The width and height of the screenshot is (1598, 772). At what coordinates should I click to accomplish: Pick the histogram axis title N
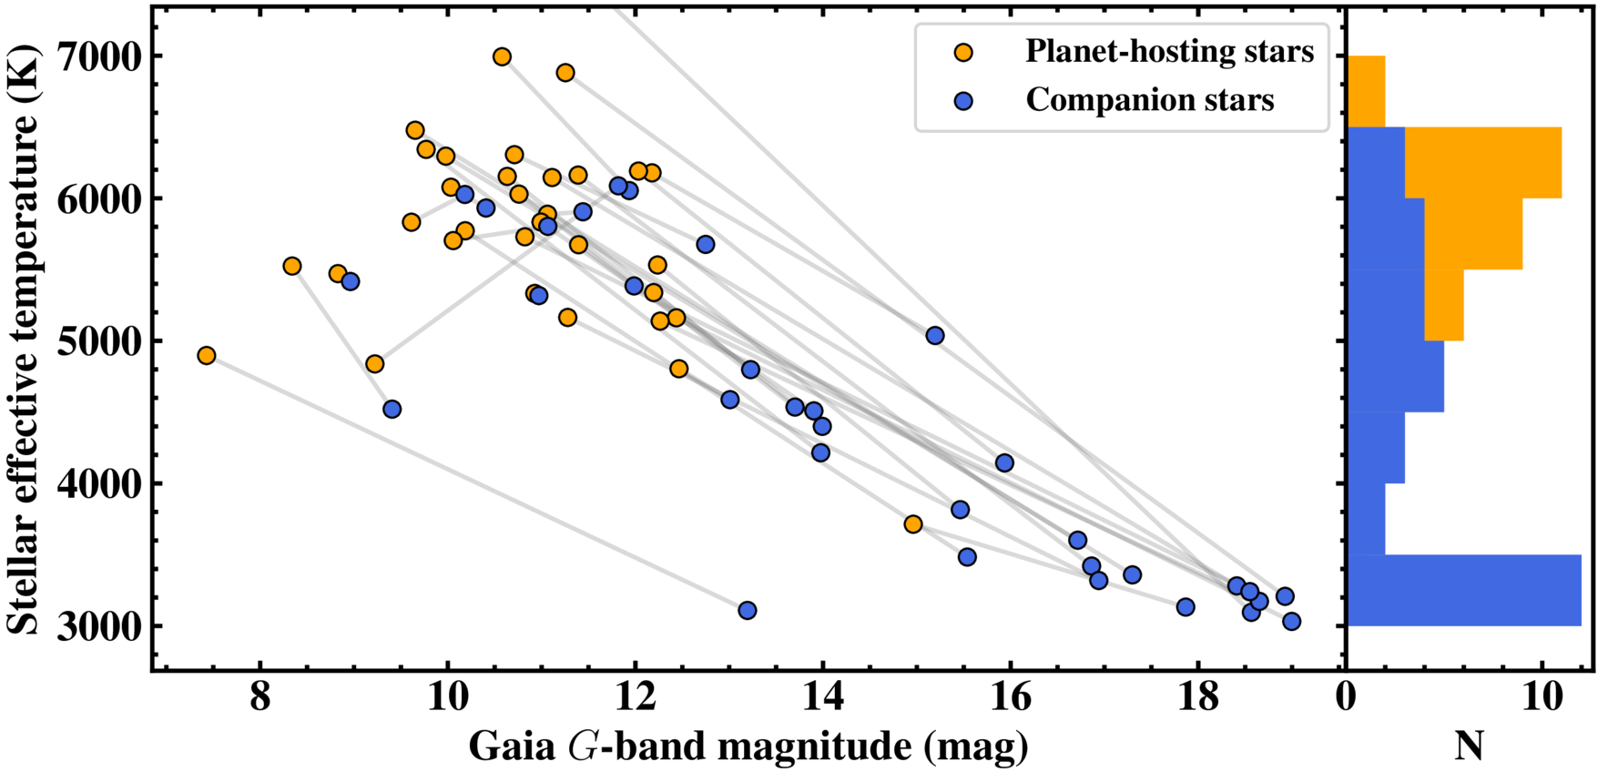tap(1470, 747)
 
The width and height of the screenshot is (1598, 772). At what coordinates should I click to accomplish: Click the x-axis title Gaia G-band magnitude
tap(748, 747)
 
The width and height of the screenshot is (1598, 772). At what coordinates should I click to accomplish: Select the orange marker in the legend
tap(962, 53)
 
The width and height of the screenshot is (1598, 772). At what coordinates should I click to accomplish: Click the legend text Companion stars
tap(1149, 100)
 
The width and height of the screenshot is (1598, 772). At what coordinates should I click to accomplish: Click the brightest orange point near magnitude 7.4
tap(207, 355)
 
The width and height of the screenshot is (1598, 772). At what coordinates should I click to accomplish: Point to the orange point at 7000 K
tap(502, 57)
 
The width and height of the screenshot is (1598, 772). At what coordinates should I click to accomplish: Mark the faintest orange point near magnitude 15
tap(913, 524)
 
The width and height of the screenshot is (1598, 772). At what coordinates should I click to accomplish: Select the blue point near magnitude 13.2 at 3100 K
tap(748, 610)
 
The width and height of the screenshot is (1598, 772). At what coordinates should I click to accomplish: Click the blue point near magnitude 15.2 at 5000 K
tap(935, 336)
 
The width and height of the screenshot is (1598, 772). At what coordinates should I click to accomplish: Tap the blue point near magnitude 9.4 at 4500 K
tap(392, 410)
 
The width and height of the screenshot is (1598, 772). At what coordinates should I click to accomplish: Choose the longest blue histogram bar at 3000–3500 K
tap(1463, 590)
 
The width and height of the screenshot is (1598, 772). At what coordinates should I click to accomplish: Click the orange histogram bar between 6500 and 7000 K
tap(1366, 92)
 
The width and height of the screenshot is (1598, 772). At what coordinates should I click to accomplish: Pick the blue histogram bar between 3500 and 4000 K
tap(1366, 519)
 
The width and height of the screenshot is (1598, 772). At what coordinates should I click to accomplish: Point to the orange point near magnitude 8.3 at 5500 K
tap(292, 267)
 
